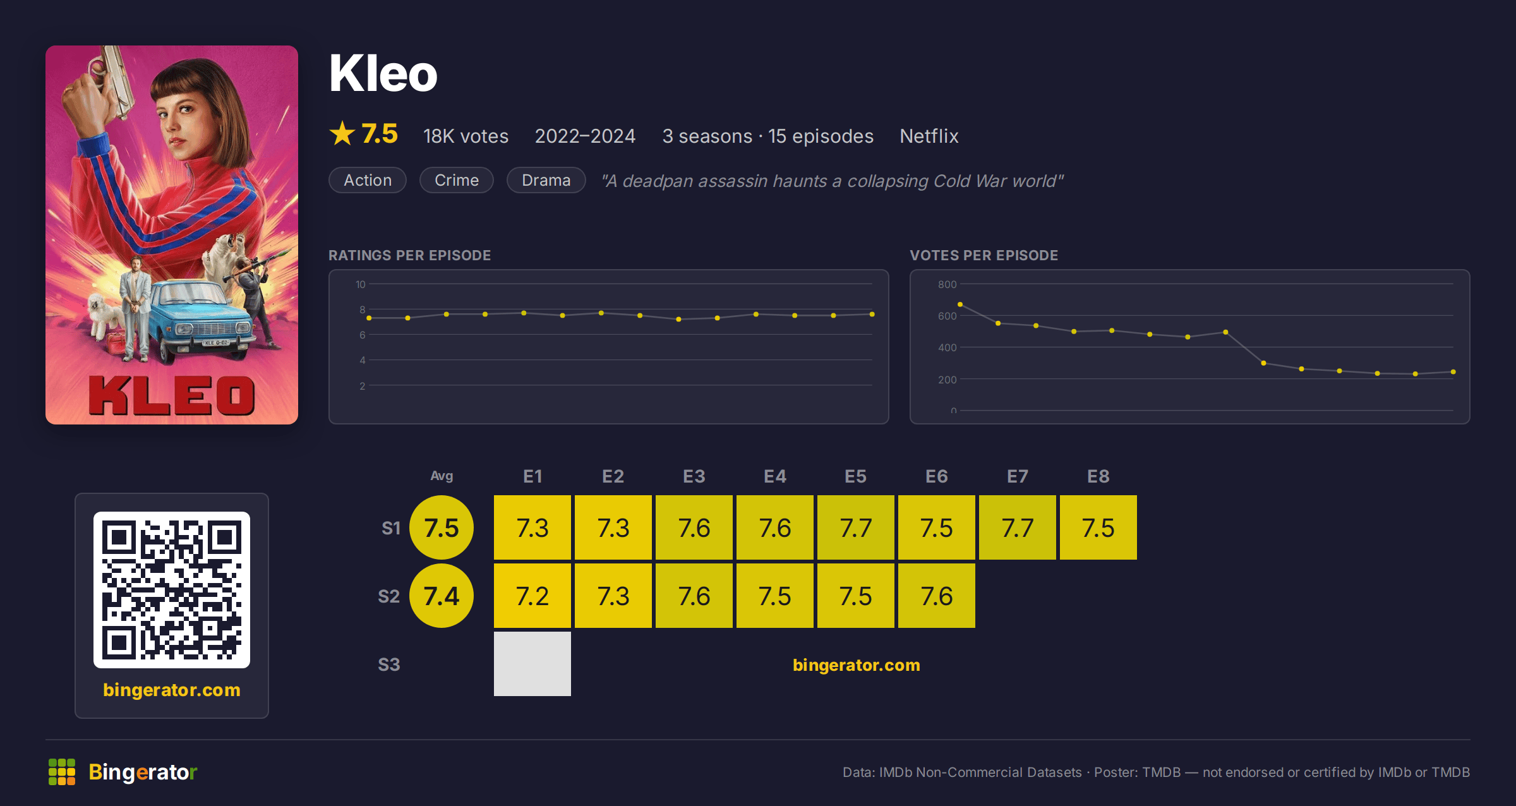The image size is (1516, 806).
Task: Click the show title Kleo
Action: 383,73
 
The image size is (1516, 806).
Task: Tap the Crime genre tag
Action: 457,180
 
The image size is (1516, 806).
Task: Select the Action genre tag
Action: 368,180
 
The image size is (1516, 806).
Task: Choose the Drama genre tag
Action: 546,180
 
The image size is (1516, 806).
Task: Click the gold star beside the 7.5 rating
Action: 342,133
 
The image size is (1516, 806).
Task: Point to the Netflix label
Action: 929,136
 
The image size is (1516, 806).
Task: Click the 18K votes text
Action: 466,136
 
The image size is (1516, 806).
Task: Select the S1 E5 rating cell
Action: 856,527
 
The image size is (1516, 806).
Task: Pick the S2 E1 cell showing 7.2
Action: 532,596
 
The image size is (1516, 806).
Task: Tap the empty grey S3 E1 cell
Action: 532,664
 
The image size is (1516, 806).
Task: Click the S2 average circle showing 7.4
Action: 442,596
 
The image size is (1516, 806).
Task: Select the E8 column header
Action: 1098,476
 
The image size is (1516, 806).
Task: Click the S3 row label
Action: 389,665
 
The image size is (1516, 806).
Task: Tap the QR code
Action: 172,590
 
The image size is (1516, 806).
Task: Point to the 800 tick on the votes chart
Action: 947,284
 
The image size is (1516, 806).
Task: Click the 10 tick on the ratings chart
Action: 360,284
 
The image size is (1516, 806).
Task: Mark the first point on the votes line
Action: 960,304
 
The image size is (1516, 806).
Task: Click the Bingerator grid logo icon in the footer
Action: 62,772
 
